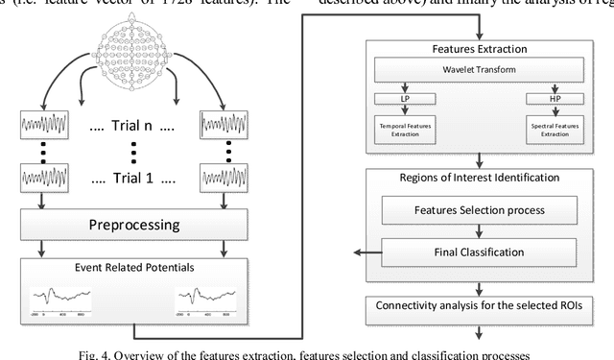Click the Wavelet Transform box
tap(478, 70)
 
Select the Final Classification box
tap(478, 252)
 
